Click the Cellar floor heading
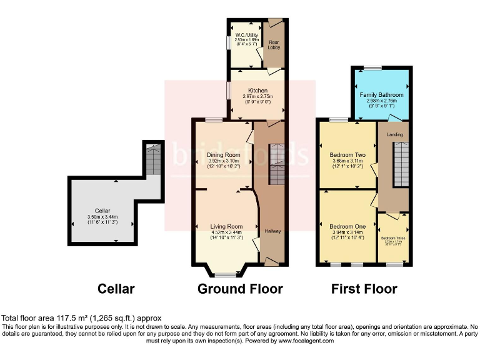[116, 289]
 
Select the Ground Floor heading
[240, 289]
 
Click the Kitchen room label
[257, 91]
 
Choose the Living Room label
[226, 226]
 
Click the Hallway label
[272, 231]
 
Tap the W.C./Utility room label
[246, 34]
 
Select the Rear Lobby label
[274, 44]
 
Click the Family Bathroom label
[381, 95]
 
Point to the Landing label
[395, 134]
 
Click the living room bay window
[226, 274]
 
